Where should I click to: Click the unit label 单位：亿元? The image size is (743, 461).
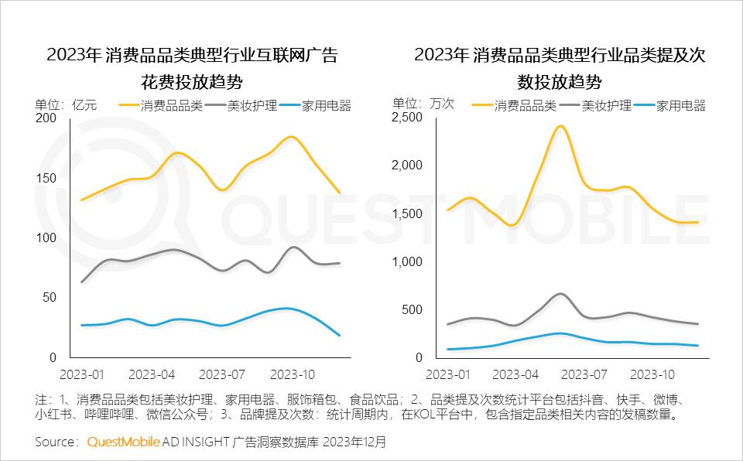pyautogui.click(x=66, y=105)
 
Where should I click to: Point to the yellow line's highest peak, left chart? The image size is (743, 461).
pyautogui.click(x=290, y=137)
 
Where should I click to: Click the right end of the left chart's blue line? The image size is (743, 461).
pyautogui.click(x=339, y=335)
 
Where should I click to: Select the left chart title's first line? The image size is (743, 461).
pyautogui.click(x=192, y=56)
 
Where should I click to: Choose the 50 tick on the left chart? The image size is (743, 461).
pyautogui.click(x=49, y=298)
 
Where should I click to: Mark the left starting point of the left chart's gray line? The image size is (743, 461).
pyautogui.click(x=81, y=282)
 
